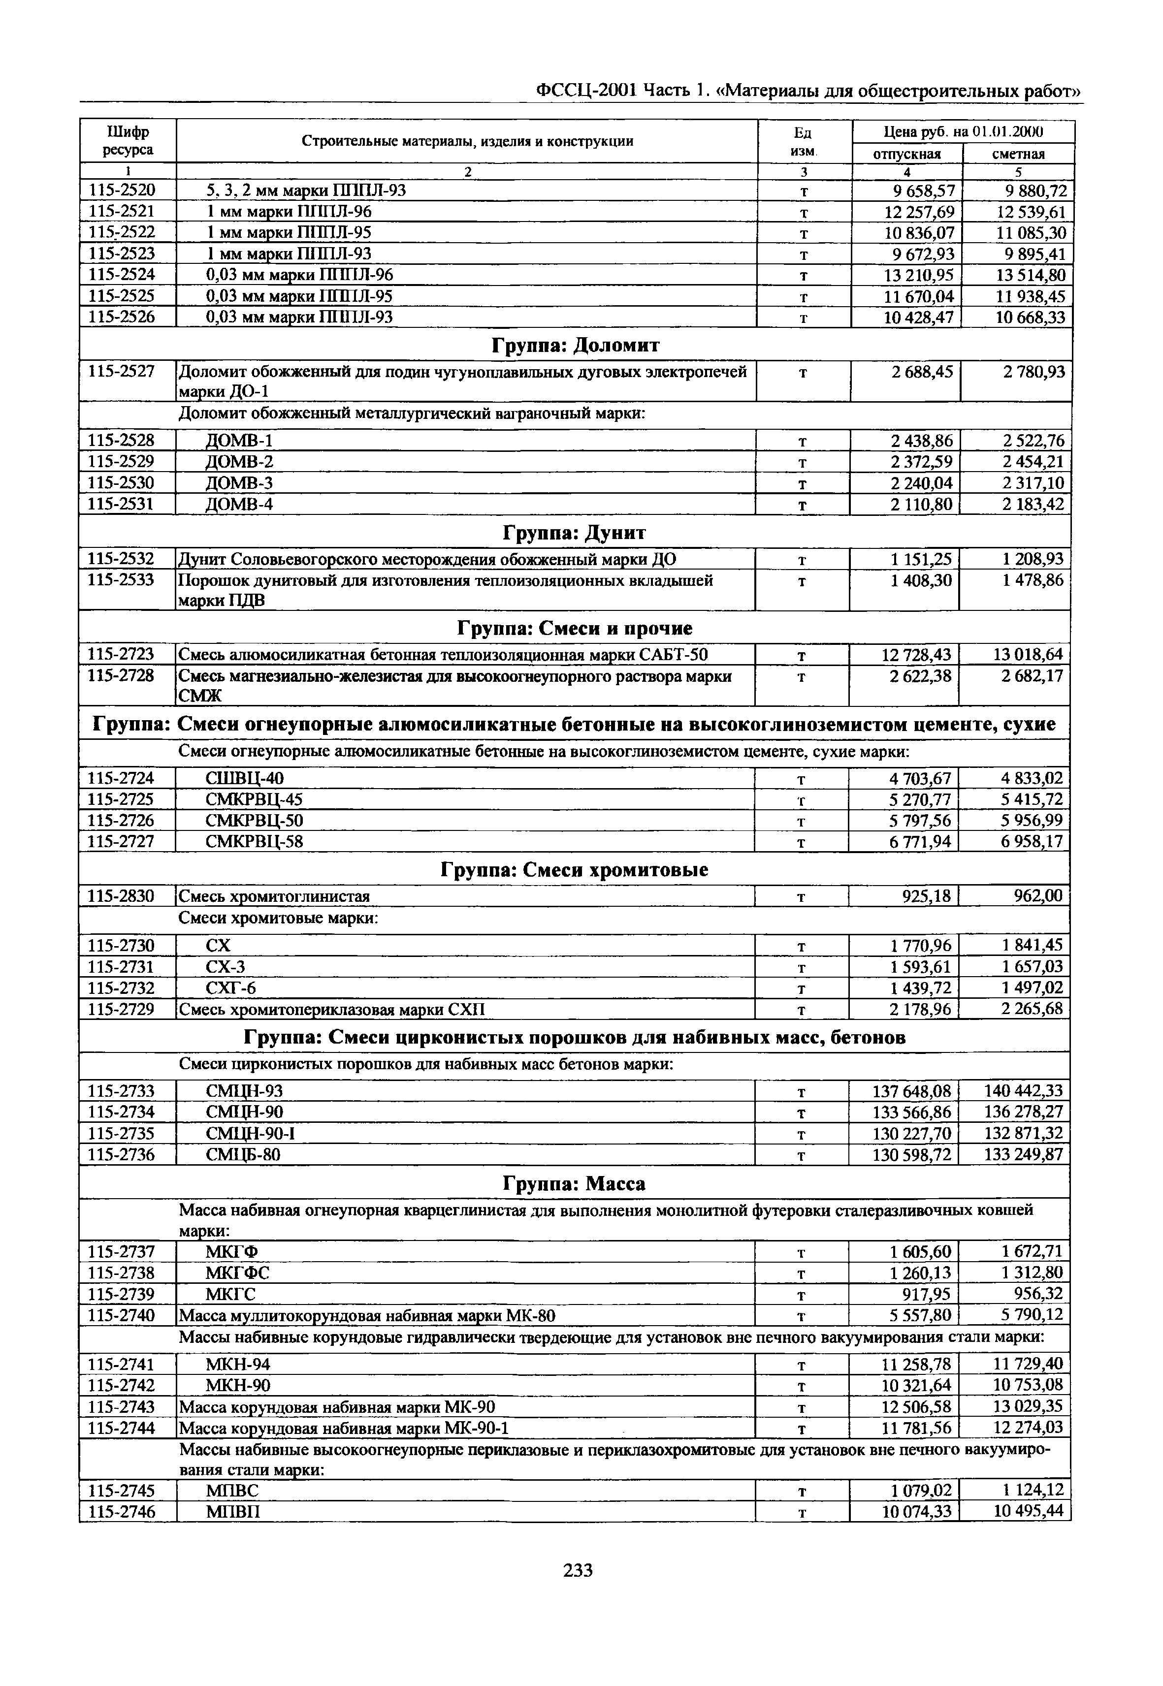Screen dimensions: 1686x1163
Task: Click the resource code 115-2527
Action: click(122, 372)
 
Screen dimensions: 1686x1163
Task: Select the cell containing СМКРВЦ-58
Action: click(255, 842)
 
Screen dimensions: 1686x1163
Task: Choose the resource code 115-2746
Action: click(122, 1512)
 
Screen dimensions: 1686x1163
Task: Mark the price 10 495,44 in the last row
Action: click(1028, 1511)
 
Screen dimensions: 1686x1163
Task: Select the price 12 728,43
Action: click(916, 654)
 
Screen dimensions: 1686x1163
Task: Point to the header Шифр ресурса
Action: click(128, 141)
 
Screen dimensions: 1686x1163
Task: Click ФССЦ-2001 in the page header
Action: click(586, 91)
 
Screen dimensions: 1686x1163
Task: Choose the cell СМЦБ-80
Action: click(243, 1155)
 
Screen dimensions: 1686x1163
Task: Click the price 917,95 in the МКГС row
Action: click(926, 1294)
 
